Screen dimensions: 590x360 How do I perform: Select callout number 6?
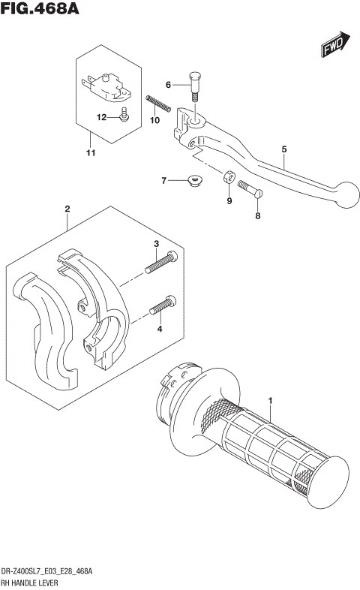[x=169, y=85]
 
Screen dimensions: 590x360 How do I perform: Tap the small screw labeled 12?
[x=125, y=115]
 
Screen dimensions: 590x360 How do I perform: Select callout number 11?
[x=91, y=154]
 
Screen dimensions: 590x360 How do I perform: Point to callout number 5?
[x=285, y=149]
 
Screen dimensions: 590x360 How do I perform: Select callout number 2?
[x=67, y=208]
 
